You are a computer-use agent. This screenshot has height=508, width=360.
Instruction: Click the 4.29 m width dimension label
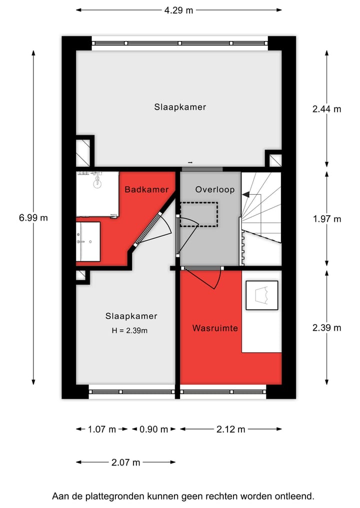click(179, 10)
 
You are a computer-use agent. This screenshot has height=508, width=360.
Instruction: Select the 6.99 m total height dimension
click(33, 217)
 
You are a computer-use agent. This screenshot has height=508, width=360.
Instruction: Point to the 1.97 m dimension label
click(326, 219)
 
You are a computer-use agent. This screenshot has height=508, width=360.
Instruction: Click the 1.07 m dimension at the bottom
click(102, 429)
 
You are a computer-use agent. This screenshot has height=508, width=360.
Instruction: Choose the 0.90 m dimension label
click(153, 429)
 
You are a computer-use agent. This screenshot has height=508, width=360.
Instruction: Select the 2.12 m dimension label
click(230, 429)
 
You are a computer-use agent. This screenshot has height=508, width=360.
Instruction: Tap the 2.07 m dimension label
click(125, 463)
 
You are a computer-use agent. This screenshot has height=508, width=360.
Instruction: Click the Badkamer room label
click(146, 189)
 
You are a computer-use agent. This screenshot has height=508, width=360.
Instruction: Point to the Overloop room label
click(211, 189)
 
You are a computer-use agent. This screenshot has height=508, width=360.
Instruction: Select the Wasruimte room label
click(215, 328)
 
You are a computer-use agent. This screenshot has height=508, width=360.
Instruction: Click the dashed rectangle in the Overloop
click(198, 214)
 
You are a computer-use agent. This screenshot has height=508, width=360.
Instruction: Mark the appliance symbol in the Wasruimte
click(261, 295)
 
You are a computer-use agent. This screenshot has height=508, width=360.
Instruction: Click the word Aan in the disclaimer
click(60, 497)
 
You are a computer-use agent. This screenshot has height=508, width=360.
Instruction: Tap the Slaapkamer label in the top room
click(180, 107)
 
